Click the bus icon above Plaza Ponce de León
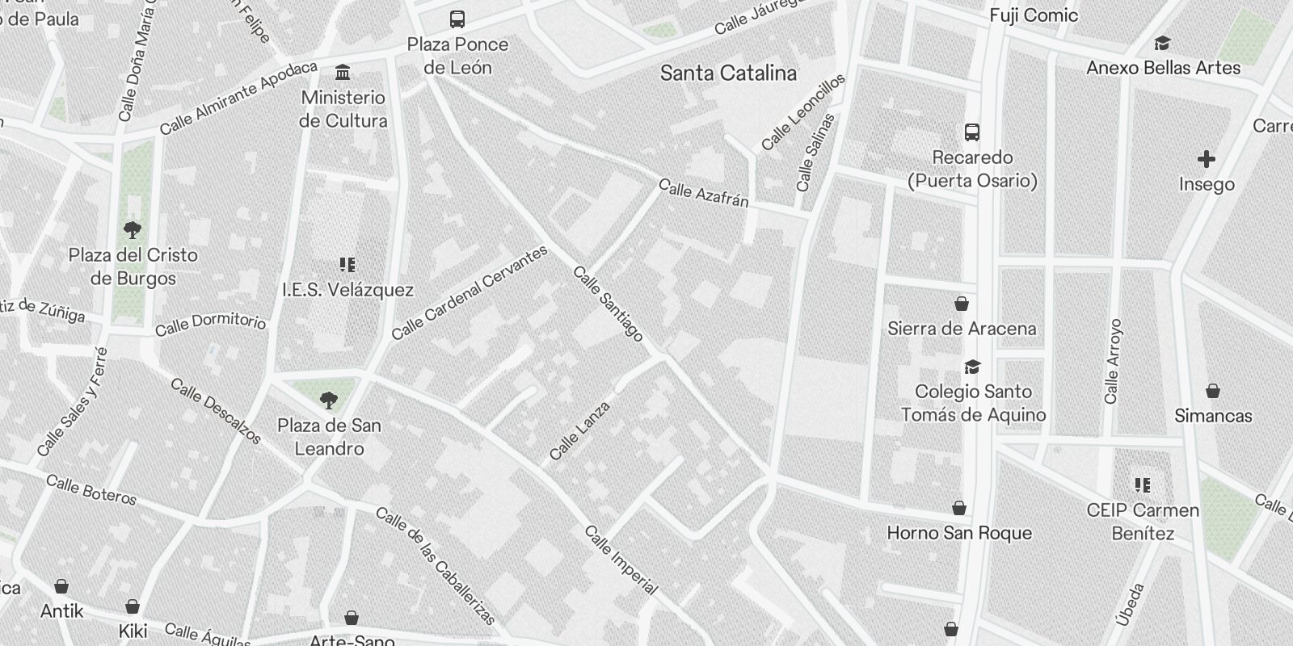pos(457,19)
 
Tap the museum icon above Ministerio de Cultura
pos(343,72)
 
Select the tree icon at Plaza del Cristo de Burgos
pos(133,230)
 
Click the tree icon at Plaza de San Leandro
pos(328,400)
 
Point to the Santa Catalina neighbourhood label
pos(728,73)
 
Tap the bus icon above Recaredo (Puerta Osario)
pos(972,132)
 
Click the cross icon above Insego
pos(1206,159)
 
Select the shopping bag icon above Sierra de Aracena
pos(961,304)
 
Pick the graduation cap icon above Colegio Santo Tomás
pos(972,367)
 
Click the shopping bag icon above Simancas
pos(1212,392)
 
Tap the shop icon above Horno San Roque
pos(959,508)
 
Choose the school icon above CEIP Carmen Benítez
pos(1142,485)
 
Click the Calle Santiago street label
pos(609,304)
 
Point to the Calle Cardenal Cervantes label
pos(469,292)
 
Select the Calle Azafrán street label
pos(703,194)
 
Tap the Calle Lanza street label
pos(579,431)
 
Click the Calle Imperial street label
pos(621,560)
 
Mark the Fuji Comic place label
pos(1034,15)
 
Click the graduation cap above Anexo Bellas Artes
pos(1162,44)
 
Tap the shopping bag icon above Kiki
pos(133,606)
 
